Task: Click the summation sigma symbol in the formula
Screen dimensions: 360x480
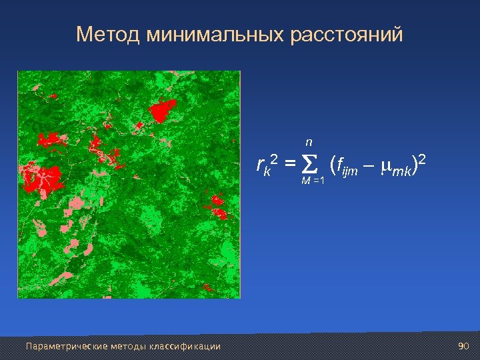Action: point(308,164)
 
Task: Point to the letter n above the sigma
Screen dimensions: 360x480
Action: point(309,142)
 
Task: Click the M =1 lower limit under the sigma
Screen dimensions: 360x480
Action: point(312,182)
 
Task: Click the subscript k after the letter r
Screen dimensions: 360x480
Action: point(267,171)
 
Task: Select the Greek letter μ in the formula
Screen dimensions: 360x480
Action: point(383,166)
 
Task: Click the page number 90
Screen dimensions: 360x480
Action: point(464,346)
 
